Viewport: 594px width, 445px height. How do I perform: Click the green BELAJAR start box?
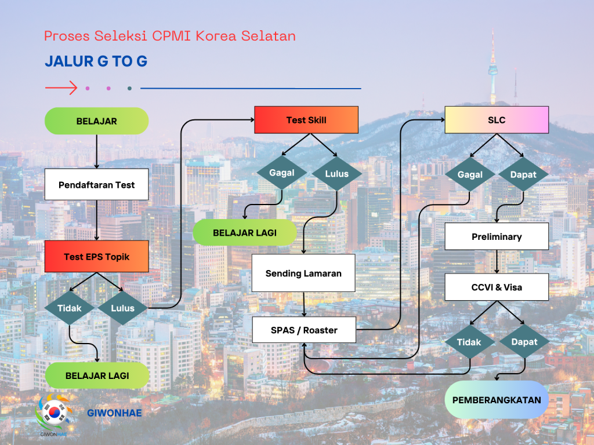(x=96, y=121)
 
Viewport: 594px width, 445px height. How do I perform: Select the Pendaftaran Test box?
(x=96, y=185)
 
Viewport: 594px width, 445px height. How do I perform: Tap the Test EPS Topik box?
(x=96, y=257)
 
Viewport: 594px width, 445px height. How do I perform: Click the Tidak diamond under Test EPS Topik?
(x=70, y=308)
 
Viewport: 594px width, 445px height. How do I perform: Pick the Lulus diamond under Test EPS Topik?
(x=122, y=308)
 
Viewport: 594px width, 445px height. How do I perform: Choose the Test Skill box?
(x=306, y=120)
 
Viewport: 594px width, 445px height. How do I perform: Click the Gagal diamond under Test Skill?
(x=282, y=173)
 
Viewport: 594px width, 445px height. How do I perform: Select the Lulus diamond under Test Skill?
(x=337, y=173)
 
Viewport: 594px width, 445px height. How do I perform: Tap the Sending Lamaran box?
(x=303, y=273)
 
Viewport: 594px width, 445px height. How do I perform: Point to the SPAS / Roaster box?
(x=304, y=330)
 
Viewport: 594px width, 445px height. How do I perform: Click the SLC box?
(x=497, y=120)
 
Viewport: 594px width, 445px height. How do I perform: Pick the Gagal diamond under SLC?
(x=470, y=174)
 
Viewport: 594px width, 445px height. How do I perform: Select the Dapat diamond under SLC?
(x=523, y=174)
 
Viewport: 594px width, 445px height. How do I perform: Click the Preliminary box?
(x=497, y=236)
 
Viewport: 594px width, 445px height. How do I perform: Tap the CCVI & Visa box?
(x=497, y=287)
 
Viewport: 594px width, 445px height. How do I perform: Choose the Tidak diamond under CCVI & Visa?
(x=469, y=342)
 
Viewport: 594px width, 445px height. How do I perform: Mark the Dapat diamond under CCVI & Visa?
(x=524, y=342)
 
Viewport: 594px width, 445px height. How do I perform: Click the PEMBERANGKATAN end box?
(x=497, y=400)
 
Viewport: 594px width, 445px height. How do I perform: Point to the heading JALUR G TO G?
(x=96, y=62)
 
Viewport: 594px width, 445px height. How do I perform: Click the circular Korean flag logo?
(x=55, y=412)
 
